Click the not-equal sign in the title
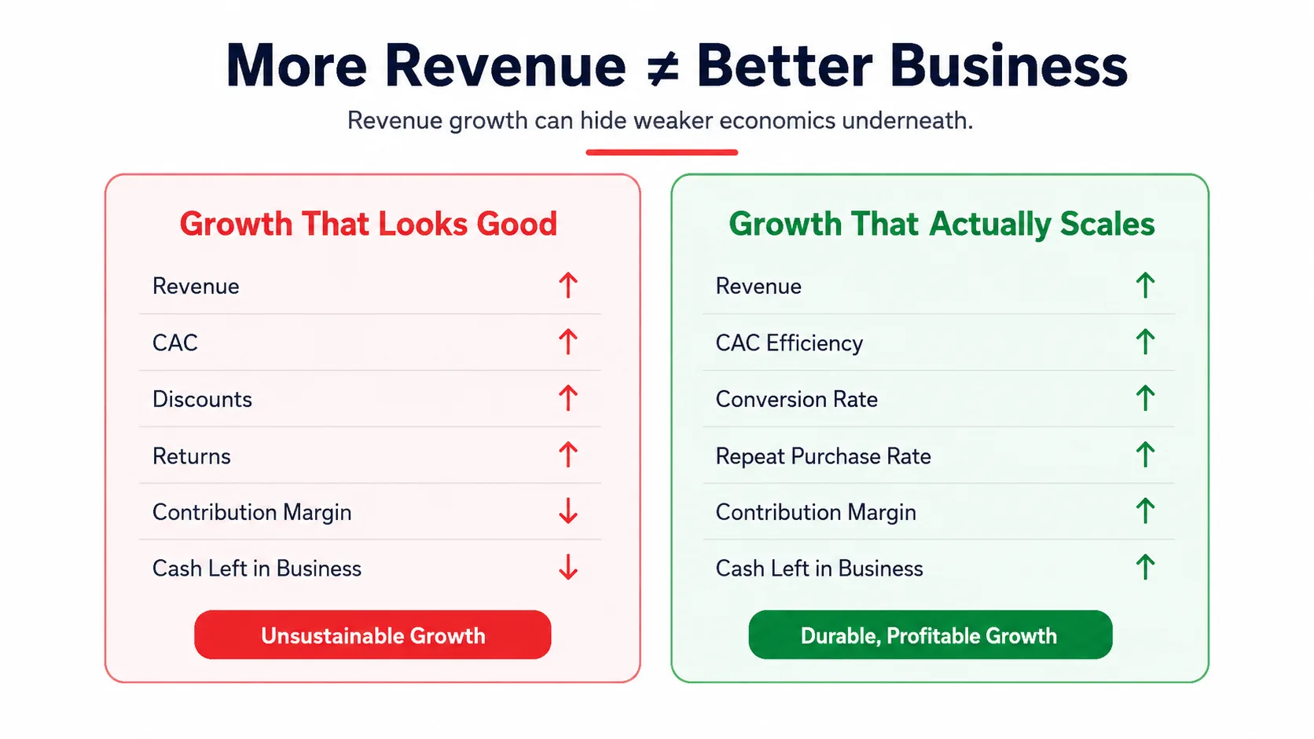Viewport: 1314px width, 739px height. tap(662, 68)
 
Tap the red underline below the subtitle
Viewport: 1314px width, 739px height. tap(662, 152)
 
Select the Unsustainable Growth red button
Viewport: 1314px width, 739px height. tap(373, 635)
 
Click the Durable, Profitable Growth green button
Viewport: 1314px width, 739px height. tap(930, 635)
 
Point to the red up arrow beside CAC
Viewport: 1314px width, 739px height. tap(568, 342)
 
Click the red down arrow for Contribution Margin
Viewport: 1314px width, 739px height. tap(568, 510)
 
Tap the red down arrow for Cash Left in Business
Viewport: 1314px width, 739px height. tap(568, 567)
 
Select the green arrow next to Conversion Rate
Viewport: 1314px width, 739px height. tap(1145, 398)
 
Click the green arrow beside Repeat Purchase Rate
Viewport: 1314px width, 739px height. tap(1145, 455)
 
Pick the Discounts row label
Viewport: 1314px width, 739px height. tap(203, 399)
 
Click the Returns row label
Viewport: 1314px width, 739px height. tap(192, 456)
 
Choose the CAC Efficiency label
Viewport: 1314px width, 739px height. tap(789, 343)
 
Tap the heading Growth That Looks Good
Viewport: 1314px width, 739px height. tap(369, 224)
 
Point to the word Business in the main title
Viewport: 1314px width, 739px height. tap(1008, 66)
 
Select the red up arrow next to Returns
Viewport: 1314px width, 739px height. tap(568, 455)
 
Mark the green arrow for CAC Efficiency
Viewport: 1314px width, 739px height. tap(1145, 342)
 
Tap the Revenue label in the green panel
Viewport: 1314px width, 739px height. tap(758, 287)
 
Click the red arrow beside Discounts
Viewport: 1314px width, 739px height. tap(568, 398)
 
